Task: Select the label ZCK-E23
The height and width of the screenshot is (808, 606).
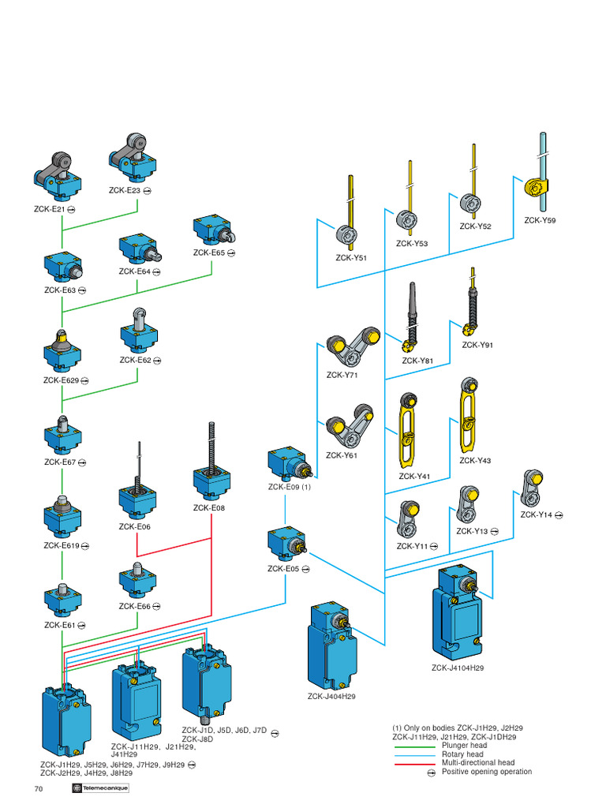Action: click(x=124, y=190)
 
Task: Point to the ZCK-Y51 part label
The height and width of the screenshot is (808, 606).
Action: click(x=350, y=257)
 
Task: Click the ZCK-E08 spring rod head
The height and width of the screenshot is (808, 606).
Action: click(x=211, y=466)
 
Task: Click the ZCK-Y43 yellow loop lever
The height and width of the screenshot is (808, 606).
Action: click(x=469, y=414)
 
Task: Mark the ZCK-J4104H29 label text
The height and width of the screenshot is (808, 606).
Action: click(x=458, y=668)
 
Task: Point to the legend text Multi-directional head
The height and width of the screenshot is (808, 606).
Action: click(x=478, y=763)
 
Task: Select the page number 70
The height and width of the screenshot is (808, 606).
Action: click(x=39, y=790)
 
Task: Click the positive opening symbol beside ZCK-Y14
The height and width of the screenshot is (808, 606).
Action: click(x=559, y=515)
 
